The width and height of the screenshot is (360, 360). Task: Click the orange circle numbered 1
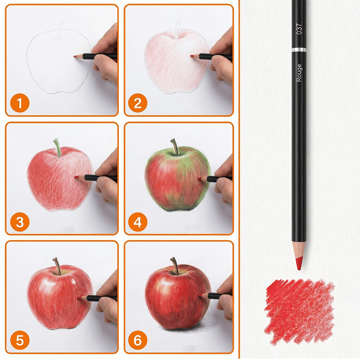pos(20,103)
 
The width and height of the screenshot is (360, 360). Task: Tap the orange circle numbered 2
pos(138,103)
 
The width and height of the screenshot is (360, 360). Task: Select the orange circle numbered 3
pos(20,222)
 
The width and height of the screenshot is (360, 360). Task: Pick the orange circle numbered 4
pos(138,222)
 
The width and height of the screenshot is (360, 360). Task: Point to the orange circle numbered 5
pos(20,340)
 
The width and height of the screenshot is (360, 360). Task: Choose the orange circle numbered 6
pos(138,340)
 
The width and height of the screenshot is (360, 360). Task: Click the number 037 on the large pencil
pos(299,29)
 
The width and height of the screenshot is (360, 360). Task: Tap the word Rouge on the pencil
pos(299,73)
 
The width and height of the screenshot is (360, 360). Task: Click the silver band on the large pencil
pos(299,50)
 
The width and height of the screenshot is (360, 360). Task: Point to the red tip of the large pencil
pos(299,263)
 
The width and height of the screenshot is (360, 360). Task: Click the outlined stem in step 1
pos(60,30)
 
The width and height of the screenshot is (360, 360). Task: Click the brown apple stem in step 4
pos(175,147)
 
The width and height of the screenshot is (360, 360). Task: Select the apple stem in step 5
pos(57,266)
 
